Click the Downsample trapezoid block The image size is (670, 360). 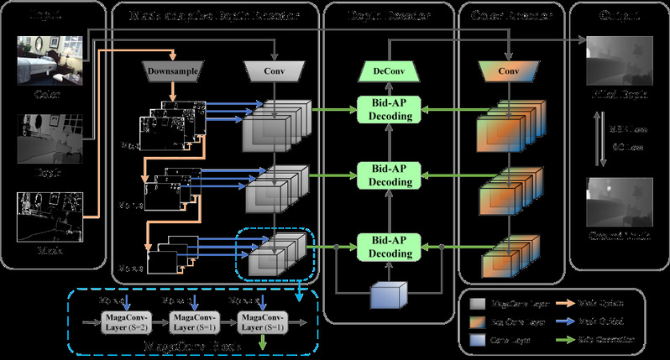tap(174, 71)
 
